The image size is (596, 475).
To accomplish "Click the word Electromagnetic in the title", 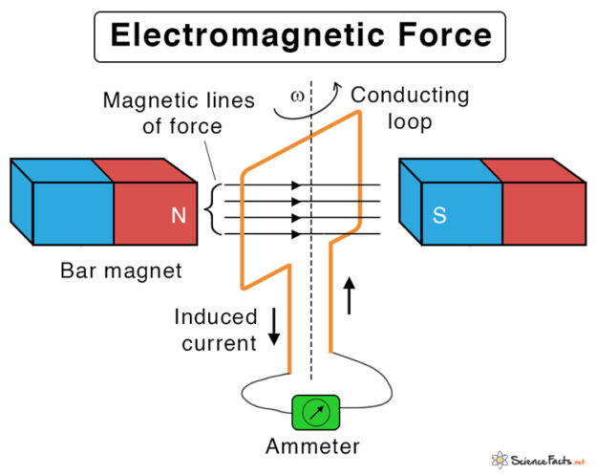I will (x=237, y=35).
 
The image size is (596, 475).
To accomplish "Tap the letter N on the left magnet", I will (x=178, y=216).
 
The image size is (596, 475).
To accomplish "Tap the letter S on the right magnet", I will (x=439, y=216).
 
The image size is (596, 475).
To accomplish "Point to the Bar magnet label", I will (x=120, y=271).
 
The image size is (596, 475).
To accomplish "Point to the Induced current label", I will (x=216, y=329).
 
